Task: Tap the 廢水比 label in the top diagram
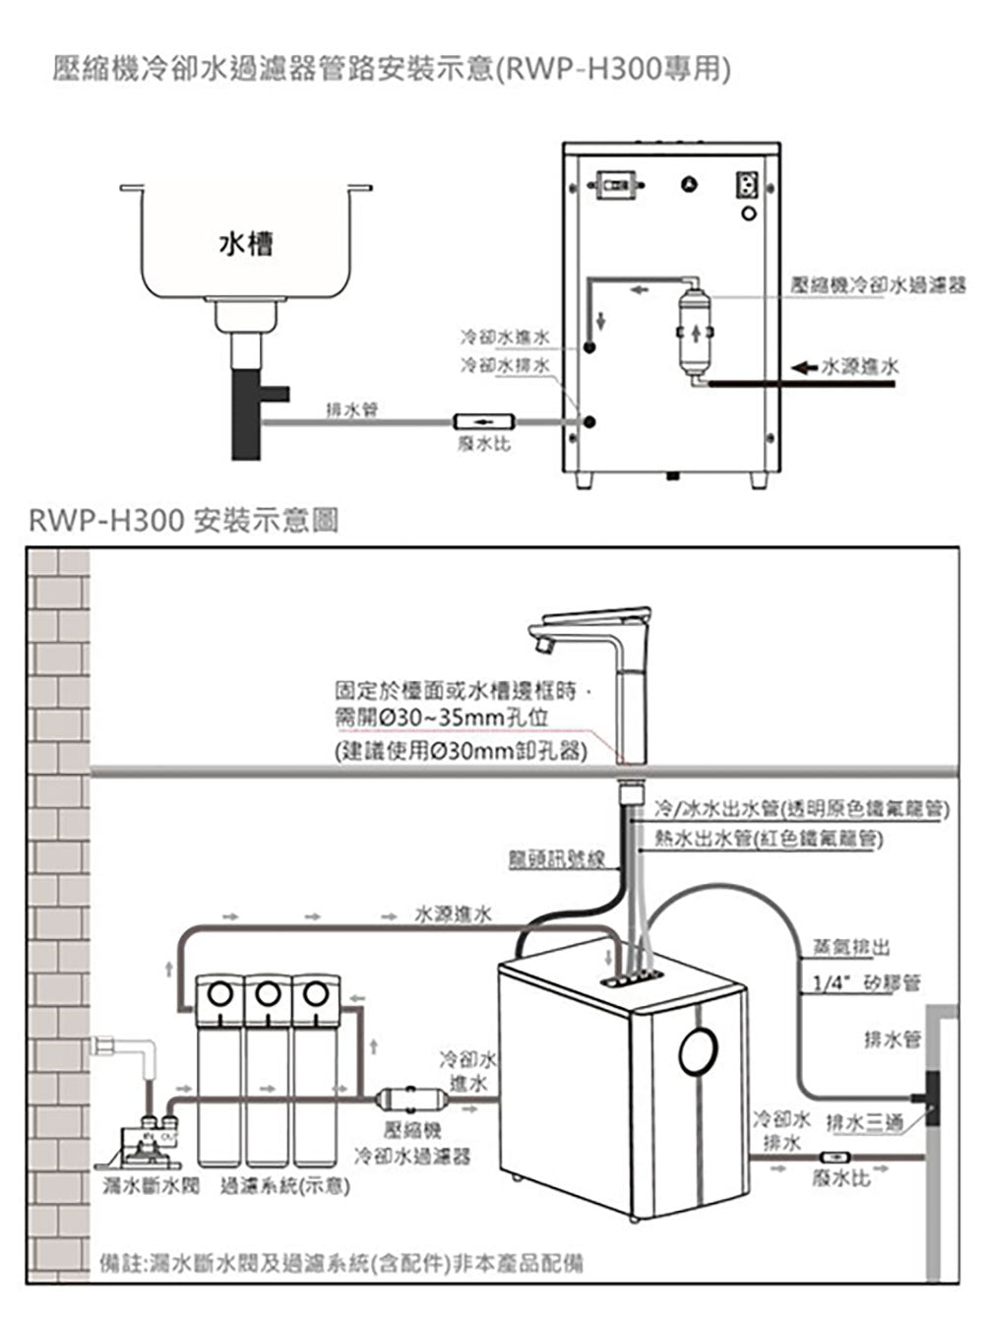point(484,445)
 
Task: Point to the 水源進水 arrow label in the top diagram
point(859,366)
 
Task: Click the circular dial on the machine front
point(701,1050)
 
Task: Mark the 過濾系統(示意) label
point(286,1185)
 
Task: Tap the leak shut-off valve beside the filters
point(148,1144)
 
